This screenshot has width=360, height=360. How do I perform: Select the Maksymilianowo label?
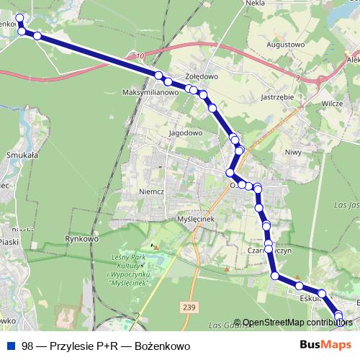pos(150,92)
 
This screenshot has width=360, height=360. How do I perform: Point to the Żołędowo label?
pos(201,75)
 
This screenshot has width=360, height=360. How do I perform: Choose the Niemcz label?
pos(151,192)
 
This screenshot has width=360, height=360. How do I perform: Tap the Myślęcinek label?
pos(197,220)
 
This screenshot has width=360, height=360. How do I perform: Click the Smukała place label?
pos(22,154)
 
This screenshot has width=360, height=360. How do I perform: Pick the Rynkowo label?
pos(81,238)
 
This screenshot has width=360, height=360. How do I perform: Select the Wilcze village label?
pos(332,104)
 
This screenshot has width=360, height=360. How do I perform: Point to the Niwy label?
pos(292,152)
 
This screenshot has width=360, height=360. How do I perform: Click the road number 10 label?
pos(139,55)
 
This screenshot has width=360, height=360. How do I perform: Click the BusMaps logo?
pos(322,346)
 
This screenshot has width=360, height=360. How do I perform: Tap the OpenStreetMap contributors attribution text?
pos(297,323)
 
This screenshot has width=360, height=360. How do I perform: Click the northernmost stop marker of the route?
pos(19,18)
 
